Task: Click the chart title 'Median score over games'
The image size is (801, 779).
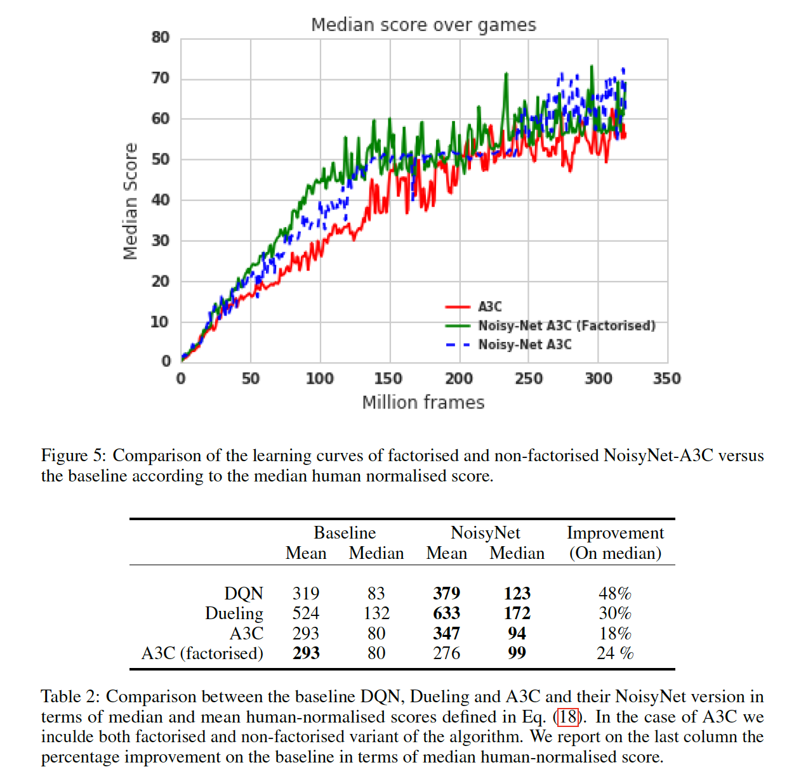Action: tap(423, 25)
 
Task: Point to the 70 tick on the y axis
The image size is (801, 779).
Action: tap(161, 78)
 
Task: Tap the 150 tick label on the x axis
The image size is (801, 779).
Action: tap(388, 379)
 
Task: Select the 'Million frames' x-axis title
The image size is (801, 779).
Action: tap(423, 402)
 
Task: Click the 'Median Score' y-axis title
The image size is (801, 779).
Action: tap(130, 201)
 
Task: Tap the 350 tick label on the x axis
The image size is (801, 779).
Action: tap(666, 379)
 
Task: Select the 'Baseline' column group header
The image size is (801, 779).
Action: tap(345, 533)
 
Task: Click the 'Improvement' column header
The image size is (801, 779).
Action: tap(615, 533)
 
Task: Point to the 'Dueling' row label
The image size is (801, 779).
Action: tap(234, 613)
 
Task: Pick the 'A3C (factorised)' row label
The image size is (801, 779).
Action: tap(202, 653)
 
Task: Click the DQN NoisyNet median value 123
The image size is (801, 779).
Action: tap(517, 593)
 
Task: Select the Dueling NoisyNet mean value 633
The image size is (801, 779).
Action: tap(447, 613)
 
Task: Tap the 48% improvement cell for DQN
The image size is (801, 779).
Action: tap(615, 593)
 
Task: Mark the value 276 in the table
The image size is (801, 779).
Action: tap(447, 653)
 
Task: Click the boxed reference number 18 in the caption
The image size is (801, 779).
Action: tap(568, 717)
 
